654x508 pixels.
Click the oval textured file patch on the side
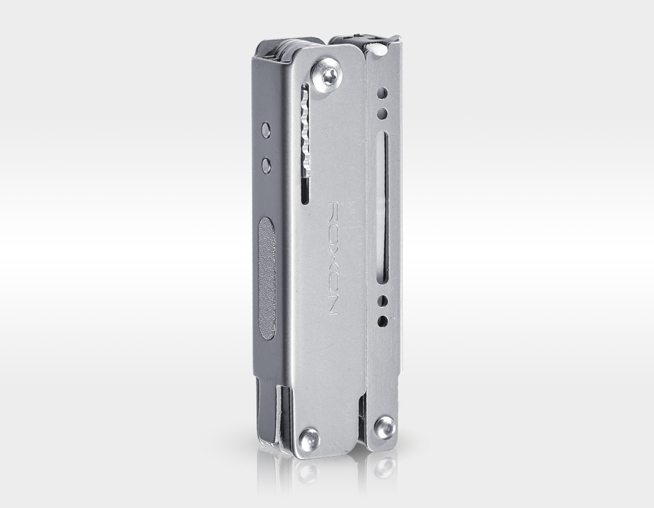(267, 279)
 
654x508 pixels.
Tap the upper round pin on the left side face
(266, 130)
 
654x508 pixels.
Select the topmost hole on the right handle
(382, 93)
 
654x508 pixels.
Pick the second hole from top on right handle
(382, 112)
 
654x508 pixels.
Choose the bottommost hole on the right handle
(382, 321)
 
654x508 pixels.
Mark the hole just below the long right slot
(382, 301)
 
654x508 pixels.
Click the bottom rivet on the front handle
(309, 440)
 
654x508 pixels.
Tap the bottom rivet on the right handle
(384, 427)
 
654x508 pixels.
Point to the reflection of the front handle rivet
(308, 472)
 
